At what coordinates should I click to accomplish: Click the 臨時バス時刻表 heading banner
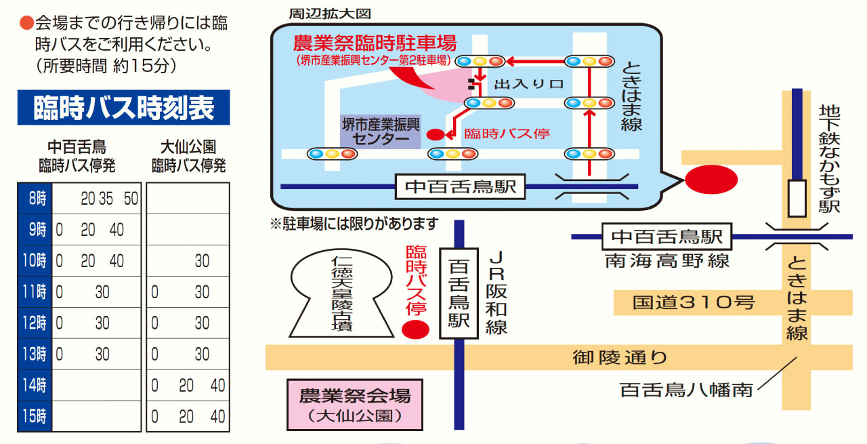[123, 107]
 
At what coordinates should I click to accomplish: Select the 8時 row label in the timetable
[35, 199]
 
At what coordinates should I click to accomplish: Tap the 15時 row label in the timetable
[35, 416]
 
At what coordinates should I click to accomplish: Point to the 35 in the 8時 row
[107, 199]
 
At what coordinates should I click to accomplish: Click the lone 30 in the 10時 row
[202, 261]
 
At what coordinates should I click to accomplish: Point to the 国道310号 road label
[694, 302]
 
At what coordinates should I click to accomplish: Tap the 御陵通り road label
[619, 357]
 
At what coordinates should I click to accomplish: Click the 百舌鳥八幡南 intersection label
[686, 390]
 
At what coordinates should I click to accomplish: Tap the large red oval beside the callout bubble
[711, 180]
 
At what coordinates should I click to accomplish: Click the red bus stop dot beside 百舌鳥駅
[416, 330]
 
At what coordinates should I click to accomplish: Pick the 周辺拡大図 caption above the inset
[320, 13]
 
